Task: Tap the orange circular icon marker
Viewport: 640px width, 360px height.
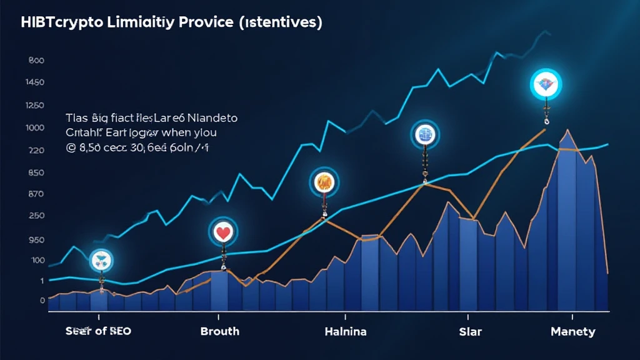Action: (x=324, y=183)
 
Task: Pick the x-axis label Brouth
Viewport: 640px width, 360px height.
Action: (x=219, y=331)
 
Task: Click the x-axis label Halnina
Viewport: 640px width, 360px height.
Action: (x=346, y=331)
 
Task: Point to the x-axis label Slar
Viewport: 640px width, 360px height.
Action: (x=471, y=331)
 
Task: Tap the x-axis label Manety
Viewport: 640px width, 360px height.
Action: (x=573, y=331)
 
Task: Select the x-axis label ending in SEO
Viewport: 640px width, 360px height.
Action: (x=98, y=331)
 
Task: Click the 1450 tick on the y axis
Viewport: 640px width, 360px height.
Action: (x=35, y=83)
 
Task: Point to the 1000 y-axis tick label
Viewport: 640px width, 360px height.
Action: (x=35, y=128)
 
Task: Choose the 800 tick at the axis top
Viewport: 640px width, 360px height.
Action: (x=36, y=61)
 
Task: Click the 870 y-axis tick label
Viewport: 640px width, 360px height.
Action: (x=35, y=194)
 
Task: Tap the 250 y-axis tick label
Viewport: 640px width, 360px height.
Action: (x=35, y=216)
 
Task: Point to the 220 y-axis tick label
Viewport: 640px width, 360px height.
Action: (x=35, y=151)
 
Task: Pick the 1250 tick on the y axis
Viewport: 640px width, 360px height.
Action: (x=35, y=106)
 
